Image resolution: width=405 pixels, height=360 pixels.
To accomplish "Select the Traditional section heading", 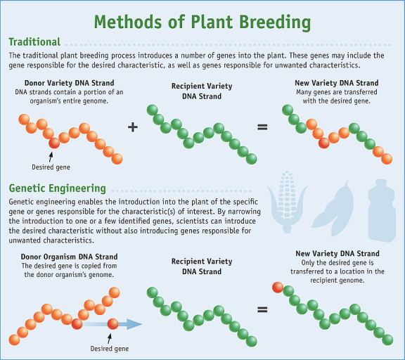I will (34, 42).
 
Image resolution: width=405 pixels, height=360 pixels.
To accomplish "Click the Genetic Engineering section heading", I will (58, 188).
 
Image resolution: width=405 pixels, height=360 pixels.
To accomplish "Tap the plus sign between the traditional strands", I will (132, 127).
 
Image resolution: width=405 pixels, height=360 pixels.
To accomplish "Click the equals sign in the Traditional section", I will (262, 127).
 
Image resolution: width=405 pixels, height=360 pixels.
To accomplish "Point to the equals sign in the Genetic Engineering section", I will (262, 309).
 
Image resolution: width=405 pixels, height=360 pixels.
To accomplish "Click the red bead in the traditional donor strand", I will (54, 143).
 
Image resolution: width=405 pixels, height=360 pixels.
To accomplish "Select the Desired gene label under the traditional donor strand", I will (51, 167).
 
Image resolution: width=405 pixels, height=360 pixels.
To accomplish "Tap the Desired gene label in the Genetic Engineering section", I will (109, 347).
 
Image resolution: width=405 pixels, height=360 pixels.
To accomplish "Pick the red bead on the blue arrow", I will (112, 324).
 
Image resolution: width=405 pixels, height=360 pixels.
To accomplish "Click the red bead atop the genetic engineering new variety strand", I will (278, 288).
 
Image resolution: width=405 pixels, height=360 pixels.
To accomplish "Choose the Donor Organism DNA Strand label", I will (70, 257).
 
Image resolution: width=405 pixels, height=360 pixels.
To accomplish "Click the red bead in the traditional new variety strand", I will (323, 143).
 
